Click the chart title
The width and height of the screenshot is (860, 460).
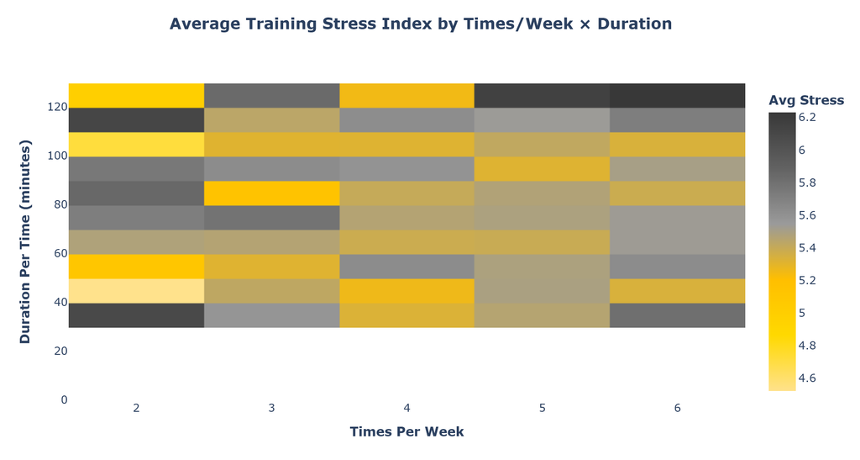[421, 24]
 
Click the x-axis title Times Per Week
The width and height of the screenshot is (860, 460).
[407, 432]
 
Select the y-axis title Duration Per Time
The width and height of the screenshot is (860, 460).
[25, 241]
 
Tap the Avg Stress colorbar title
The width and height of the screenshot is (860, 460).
[806, 100]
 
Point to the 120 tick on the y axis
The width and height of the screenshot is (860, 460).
[57, 107]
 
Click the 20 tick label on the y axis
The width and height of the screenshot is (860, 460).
[60, 351]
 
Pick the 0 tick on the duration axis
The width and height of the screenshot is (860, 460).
[64, 399]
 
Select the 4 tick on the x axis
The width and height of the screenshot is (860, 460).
[407, 408]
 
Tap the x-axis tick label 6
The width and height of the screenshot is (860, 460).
[678, 408]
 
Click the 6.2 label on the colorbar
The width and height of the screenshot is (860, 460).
[807, 118]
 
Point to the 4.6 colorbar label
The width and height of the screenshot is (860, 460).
[807, 378]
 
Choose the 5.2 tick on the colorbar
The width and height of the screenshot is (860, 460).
[807, 281]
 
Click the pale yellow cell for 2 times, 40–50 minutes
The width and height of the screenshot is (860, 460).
[137, 291]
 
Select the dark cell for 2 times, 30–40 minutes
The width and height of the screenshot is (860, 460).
[137, 315]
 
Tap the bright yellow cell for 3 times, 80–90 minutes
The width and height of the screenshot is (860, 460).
[271, 193]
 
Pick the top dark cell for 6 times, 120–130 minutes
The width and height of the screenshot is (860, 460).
[678, 96]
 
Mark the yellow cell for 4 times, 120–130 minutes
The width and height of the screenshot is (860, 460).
[407, 96]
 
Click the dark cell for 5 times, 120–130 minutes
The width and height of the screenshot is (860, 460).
[543, 96]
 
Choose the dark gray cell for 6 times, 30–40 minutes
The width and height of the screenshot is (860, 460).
[678, 315]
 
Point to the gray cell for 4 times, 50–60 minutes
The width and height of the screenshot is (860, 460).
[407, 267]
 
